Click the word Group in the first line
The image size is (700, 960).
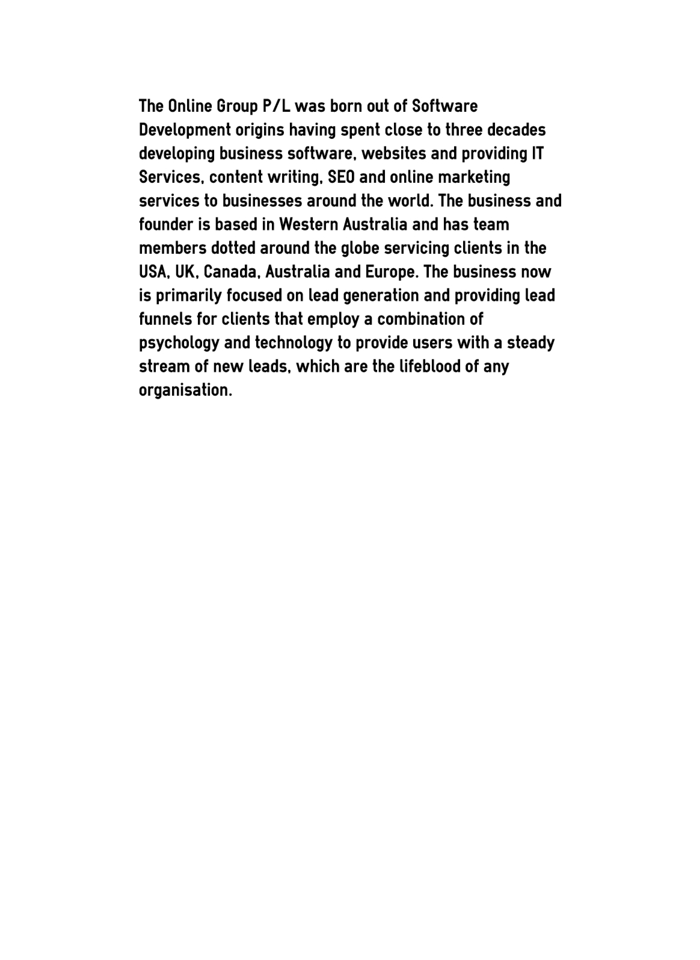pyautogui.click(x=238, y=107)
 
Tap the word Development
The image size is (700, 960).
pyautogui.click(x=185, y=131)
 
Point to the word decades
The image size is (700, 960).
pyautogui.click(x=516, y=130)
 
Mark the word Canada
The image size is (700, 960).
pyautogui.click(x=232, y=272)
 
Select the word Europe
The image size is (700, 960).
pyautogui.click(x=391, y=272)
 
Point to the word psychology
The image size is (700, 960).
pyautogui.click(x=179, y=343)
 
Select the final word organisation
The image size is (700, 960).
pyautogui.click(x=185, y=390)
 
